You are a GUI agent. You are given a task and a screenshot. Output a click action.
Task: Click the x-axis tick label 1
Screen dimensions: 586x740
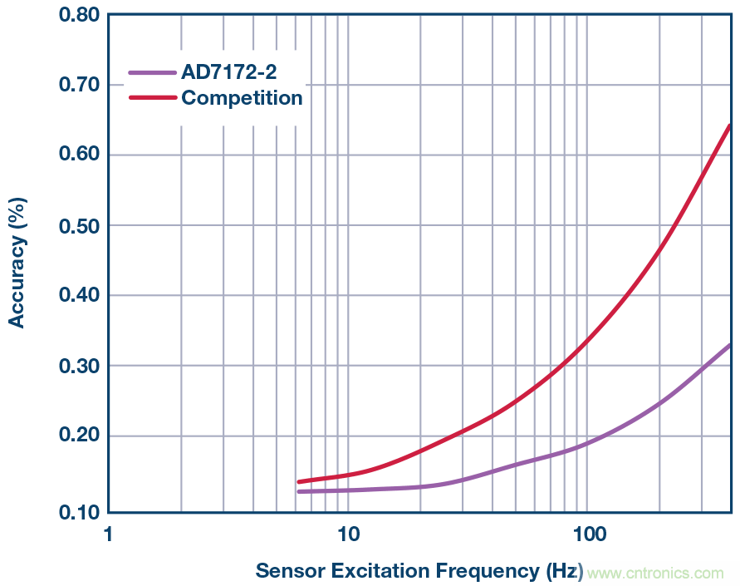[108, 533]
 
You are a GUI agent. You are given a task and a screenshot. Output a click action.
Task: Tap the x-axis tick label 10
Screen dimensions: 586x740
[347, 533]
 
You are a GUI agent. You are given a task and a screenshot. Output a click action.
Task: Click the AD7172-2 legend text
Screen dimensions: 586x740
[229, 72]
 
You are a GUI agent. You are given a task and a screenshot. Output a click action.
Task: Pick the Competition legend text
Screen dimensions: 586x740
[242, 98]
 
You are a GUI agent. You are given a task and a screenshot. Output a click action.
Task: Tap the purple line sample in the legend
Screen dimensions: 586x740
[152, 72]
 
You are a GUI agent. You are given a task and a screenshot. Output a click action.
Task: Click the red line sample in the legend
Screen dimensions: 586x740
[152, 98]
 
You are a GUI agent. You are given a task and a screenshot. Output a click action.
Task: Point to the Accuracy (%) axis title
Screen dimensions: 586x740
[17, 262]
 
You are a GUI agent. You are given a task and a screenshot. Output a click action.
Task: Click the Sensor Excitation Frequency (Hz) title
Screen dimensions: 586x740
[419, 571]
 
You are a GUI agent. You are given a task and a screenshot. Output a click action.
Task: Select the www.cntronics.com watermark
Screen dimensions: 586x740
[654, 573]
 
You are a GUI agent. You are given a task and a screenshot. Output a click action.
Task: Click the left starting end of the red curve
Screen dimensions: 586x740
[299, 482]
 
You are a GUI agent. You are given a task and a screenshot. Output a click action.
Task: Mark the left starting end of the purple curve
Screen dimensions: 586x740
[299, 491]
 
